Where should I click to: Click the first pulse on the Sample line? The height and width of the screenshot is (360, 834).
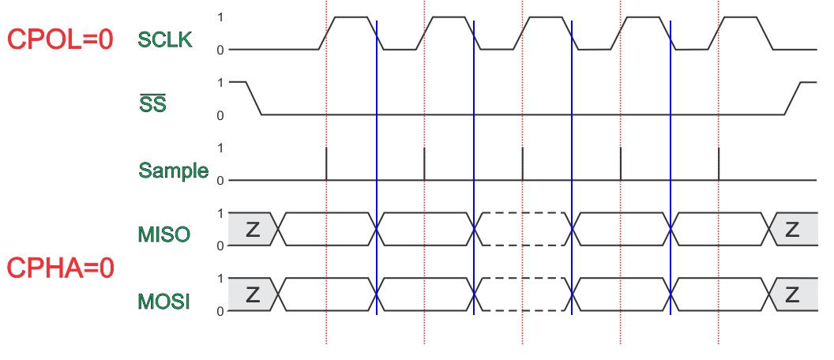click(x=326, y=164)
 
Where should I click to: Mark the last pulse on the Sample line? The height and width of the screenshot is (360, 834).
click(x=719, y=164)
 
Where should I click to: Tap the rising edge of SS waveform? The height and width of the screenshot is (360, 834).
click(x=792, y=98)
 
